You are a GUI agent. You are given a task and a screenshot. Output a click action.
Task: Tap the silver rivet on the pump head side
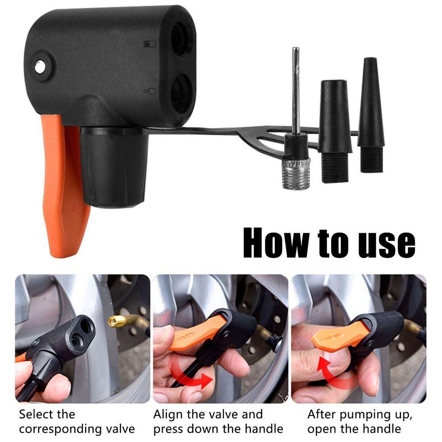click(40, 67)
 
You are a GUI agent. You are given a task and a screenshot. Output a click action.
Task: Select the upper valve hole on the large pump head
click(181, 39)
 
